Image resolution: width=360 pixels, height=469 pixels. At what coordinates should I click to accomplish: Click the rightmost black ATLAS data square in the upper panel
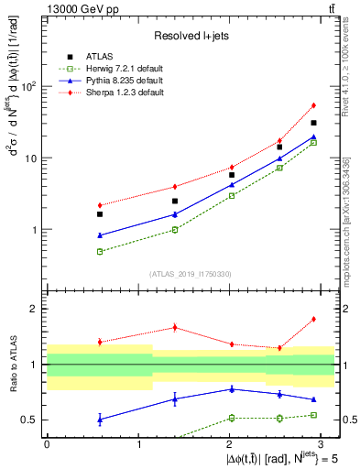pos(313,123)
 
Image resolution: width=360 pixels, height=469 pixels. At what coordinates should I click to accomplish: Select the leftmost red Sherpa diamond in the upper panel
pos(73,205)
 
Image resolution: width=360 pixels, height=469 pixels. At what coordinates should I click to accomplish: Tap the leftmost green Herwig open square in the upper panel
pos(73,251)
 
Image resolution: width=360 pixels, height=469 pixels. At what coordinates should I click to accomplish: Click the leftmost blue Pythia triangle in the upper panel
pos(73,235)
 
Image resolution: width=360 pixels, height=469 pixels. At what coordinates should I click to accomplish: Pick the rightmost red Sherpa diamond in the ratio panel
pos(313,319)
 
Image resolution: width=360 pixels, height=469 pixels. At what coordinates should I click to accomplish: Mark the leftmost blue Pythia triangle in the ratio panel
pos(73,420)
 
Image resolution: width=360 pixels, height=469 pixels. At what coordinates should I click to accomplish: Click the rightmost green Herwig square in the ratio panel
pos(313,415)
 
